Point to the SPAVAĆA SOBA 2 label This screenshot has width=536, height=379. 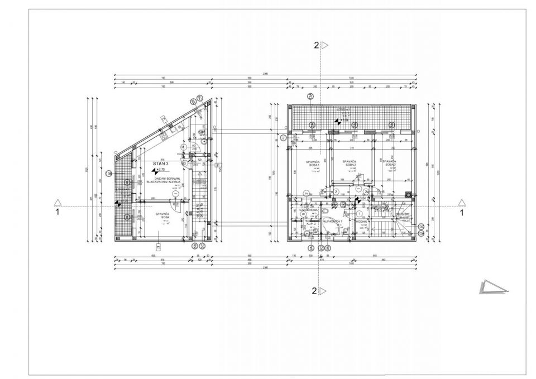click(x=351, y=164)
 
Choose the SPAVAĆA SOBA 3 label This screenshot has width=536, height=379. click(x=389, y=164)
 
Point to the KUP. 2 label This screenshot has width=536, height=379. click(x=311, y=223)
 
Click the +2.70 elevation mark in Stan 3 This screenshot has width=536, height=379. click(x=160, y=169)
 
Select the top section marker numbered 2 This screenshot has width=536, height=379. click(x=320, y=45)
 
